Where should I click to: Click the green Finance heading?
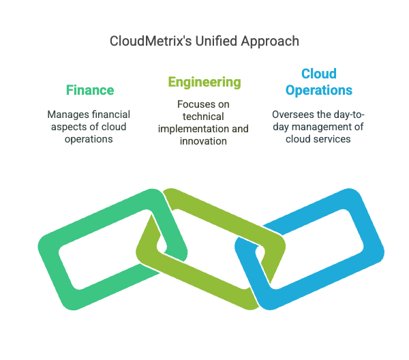point(90,90)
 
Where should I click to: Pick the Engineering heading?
point(204,82)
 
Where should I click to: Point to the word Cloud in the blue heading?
point(319,74)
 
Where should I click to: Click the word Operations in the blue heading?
point(319,90)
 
